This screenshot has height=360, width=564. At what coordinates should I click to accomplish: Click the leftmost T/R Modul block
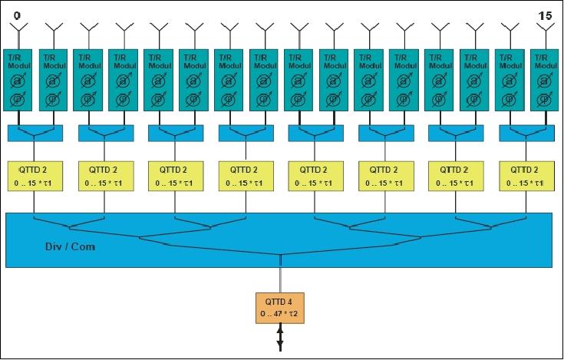point(17,78)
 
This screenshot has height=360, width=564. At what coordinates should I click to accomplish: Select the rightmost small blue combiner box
point(526,133)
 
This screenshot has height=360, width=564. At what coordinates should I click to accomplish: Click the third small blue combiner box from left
point(175,133)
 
